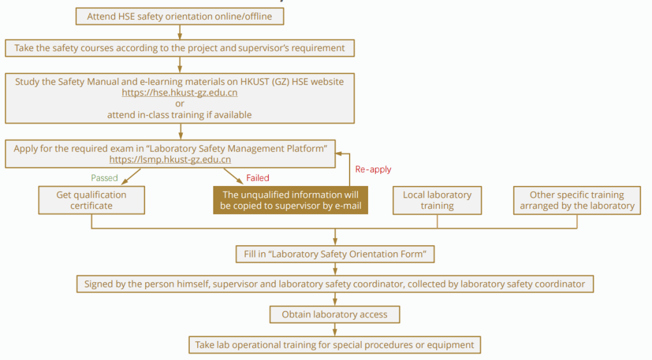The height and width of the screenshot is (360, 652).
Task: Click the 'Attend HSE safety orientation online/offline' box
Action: [x=180, y=17]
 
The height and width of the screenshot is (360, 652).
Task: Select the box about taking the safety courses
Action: [x=180, y=48]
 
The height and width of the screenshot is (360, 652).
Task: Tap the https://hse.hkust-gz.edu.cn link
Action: [x=180, y=92]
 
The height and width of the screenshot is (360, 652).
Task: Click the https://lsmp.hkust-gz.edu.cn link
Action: [x=170, y=160]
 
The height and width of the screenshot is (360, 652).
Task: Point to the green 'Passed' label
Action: [x=105, y=178]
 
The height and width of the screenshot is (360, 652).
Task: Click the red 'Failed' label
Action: [x=258, y=178]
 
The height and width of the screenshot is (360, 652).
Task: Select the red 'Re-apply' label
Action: [x=373, y=169]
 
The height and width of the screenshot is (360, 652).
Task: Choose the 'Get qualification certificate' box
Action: [x=91, y=200]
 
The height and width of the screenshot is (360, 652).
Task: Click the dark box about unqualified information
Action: [x=290, y=200]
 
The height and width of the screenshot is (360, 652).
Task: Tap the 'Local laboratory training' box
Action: [x=437, y=200]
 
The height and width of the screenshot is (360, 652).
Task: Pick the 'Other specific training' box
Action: [x=577, y=200]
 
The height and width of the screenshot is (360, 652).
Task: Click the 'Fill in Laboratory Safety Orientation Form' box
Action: [x=335, y=254]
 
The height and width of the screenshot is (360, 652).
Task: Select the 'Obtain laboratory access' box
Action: [x=335, y=314]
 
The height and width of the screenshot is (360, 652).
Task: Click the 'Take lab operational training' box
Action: [x=335, y=345]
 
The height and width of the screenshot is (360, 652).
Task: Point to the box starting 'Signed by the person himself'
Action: [x=335, y=284]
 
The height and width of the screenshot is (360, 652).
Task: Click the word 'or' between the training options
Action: [x=180, y=104]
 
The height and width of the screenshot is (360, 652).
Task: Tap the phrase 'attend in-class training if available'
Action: [x=180, y=115]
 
